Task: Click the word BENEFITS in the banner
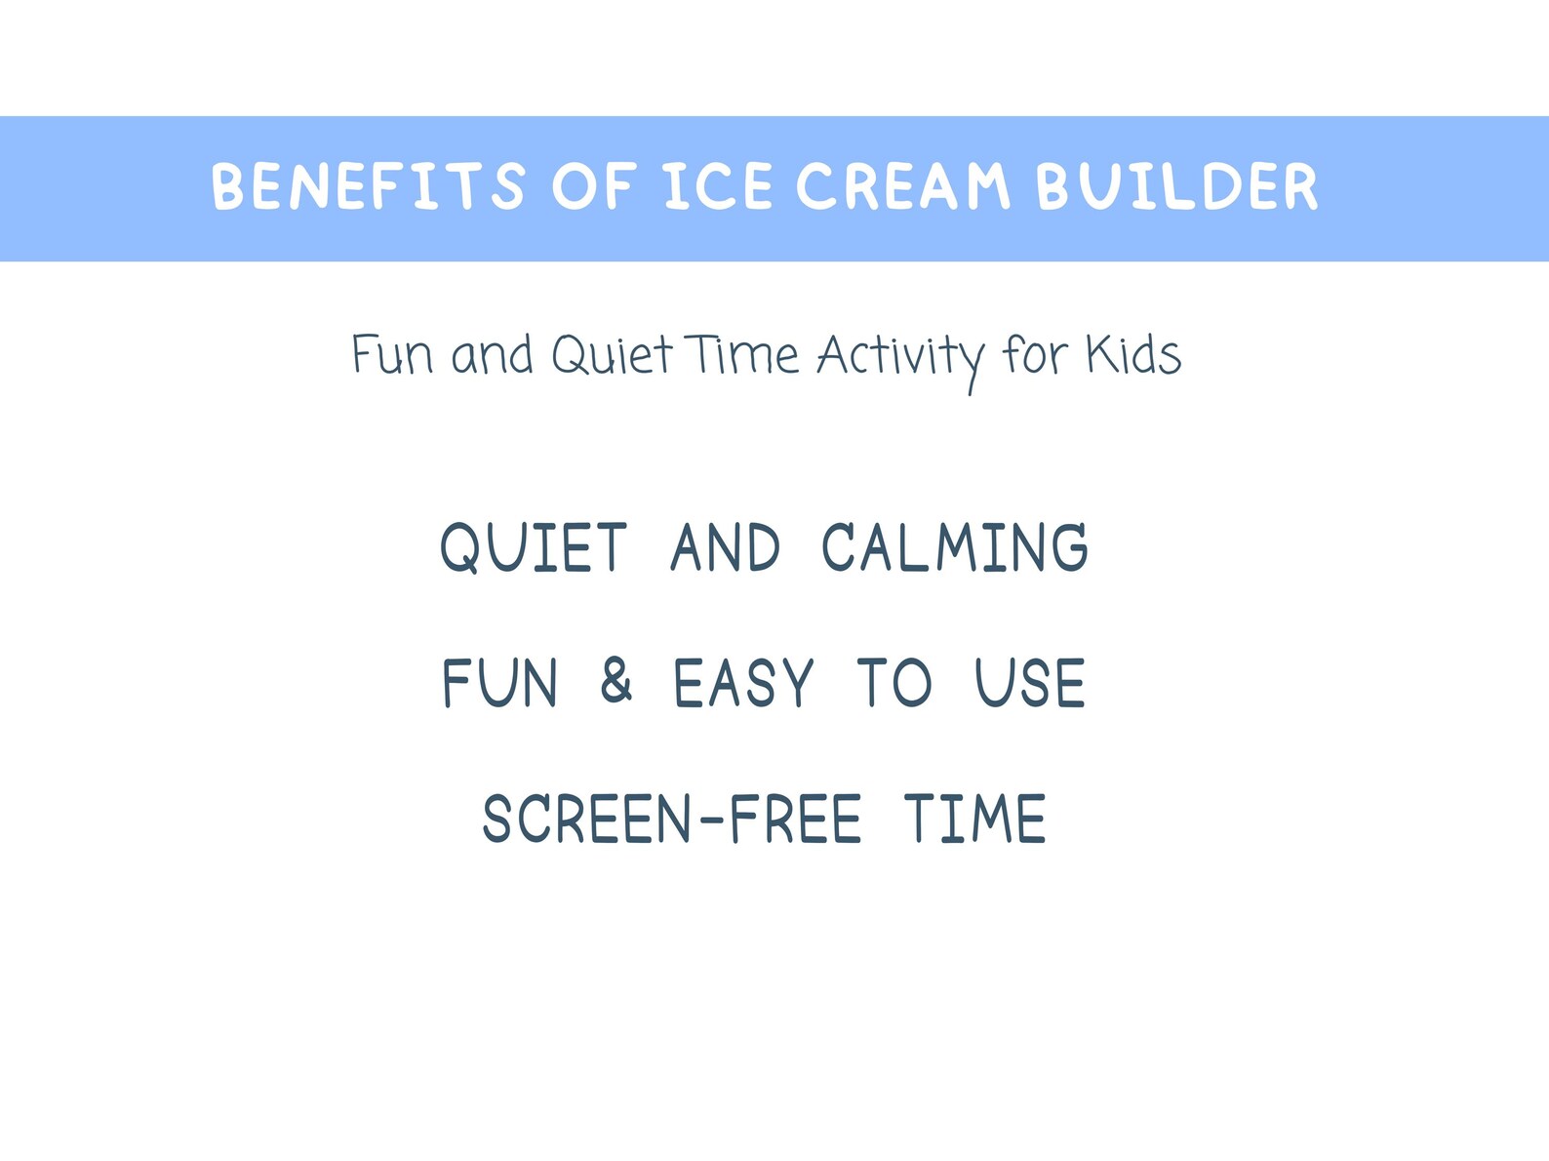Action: coord(368,186)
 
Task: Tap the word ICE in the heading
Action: coord(719,186)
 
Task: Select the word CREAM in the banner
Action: coord(902,186)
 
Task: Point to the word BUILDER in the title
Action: coord(1176,186)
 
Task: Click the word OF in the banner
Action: coord(594,186)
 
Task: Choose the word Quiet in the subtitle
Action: coord(612,355)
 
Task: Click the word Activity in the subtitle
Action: coord(900,357)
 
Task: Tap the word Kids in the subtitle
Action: coord(1133,355)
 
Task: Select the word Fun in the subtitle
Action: coord(392,355)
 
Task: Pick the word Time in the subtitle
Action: coord(742,355)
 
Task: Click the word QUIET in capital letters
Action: coord(534,547)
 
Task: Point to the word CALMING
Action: coord(955,547)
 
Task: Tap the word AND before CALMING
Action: coord(726,547)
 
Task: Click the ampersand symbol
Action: coord(616,681)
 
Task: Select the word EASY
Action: coord(743,683)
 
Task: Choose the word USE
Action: coord(1030,683)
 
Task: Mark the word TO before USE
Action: coord(894,683)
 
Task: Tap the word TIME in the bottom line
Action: coord(974,819)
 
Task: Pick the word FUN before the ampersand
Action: coord(500,683)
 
